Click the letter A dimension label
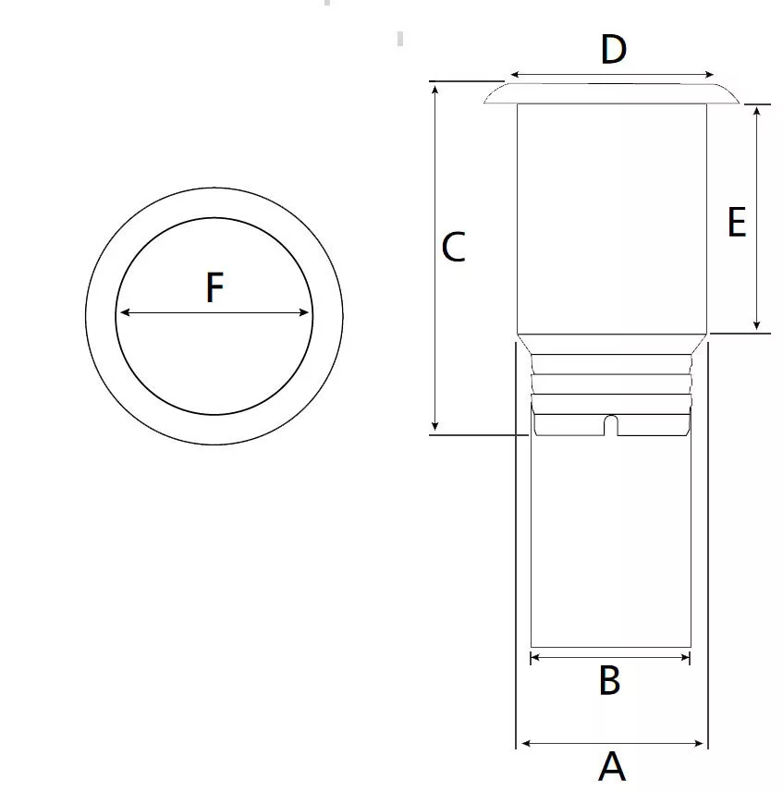(612, 766)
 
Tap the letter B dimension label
(609, 680)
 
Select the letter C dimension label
(453, 248)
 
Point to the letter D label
(614, 50)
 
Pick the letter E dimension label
(737, 223)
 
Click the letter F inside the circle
(214, 287)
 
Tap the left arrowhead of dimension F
(125, 312)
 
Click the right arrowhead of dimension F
(304, 312)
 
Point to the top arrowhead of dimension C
(434, 90)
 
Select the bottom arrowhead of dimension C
(434, 426)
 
